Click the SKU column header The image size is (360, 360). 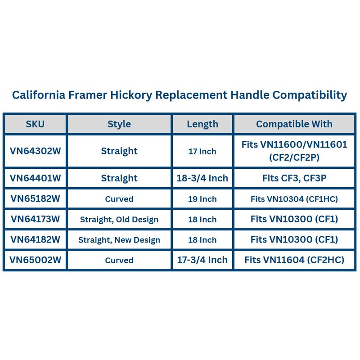35,124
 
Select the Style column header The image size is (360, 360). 119,124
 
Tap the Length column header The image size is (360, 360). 202,124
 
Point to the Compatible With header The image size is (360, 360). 294,124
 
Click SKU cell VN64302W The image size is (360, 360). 35,151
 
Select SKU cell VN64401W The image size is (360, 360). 35,178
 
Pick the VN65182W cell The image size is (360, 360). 35,199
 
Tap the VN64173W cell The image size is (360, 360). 35,219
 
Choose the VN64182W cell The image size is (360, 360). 35,240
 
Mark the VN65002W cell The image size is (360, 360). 35,260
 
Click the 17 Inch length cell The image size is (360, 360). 202,151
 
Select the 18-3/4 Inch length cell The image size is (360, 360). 202,178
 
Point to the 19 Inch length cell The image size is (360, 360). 202,199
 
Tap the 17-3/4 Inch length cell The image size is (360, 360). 202,260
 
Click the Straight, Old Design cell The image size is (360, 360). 119,220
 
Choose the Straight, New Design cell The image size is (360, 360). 119,240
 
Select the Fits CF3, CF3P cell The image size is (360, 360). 294,178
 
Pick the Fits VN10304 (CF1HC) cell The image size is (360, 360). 294,199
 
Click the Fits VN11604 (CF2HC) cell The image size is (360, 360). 294,260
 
